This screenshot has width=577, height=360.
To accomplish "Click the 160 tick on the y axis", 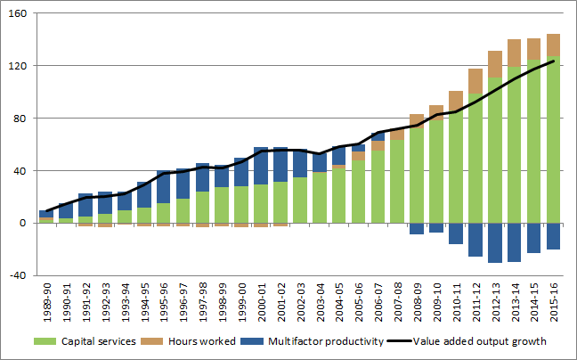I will point(19,14).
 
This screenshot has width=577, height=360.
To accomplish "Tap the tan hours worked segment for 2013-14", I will point(516,53).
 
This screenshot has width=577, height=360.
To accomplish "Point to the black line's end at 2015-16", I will point(554,61).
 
